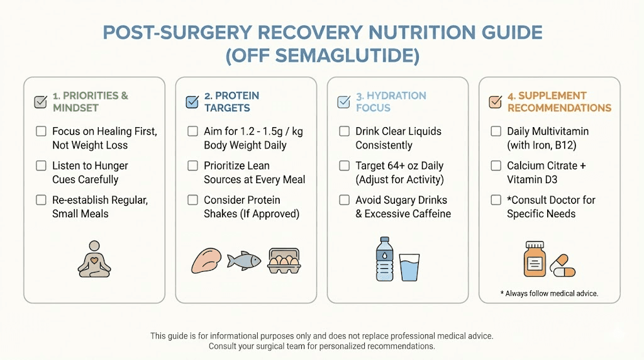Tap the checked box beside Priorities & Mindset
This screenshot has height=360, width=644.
[x=41, y=102]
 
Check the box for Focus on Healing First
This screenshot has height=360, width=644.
[x=41, y=132]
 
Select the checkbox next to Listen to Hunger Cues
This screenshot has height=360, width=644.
[x=41, y=166]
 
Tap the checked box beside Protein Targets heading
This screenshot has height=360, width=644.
[x=192, y=102]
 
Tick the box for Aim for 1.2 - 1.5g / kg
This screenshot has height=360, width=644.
[x=192, y=132]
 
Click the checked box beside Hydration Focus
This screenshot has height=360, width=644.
[x=344, y=102]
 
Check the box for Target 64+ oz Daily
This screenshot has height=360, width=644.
[x=344, y=166]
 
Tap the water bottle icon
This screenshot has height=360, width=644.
[x=383, y=258]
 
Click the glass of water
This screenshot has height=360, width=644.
[x=409, y=267]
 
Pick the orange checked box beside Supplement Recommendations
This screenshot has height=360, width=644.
[x=496, y=102]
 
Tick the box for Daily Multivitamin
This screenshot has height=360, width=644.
[x=496, y=132]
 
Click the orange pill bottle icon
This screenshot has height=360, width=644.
[x=535, y=258]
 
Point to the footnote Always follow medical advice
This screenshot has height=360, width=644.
[x=549, y=293]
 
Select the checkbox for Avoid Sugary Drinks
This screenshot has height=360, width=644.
[x=344, y=200]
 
